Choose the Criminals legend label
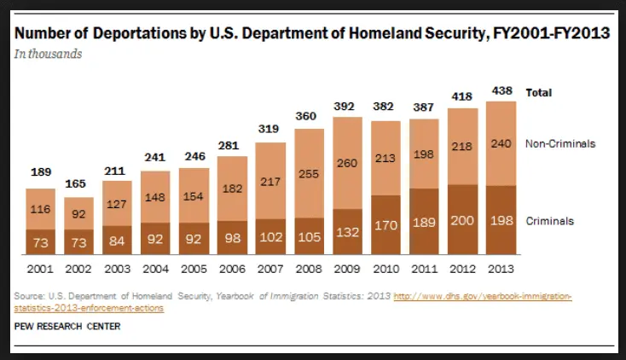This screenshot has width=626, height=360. click(550, 221)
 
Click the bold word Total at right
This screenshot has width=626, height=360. click(539, 91)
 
